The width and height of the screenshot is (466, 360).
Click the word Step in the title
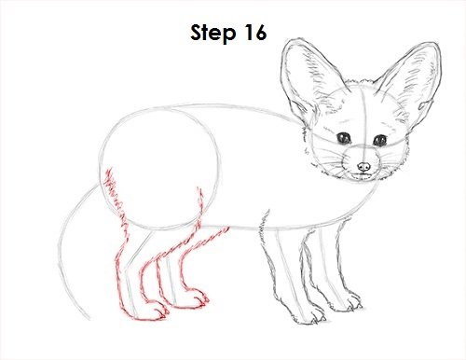213,34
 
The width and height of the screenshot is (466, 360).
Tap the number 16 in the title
255,33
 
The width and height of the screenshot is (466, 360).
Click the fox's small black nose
363,167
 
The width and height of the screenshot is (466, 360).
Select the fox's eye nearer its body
344,138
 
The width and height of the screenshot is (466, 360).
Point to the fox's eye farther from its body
379,141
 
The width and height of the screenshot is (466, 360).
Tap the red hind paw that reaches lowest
151,311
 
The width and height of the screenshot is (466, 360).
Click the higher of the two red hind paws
193,299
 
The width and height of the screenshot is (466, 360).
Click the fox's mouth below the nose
363,175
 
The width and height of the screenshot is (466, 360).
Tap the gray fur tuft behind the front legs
264,226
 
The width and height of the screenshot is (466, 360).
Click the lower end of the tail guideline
89,319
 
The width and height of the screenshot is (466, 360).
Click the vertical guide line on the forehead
363,118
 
